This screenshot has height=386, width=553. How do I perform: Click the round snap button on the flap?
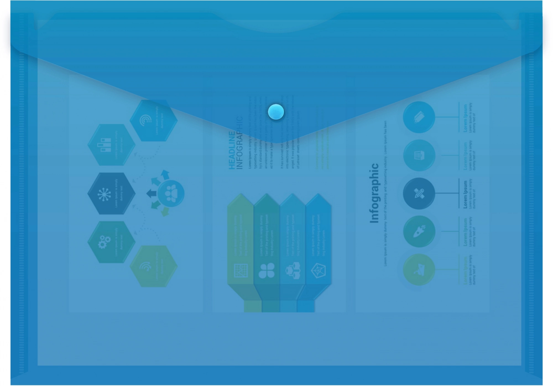(276, 112)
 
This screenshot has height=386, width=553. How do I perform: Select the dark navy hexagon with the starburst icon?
(111, 193)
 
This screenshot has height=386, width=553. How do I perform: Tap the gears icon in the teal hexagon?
(104, 242)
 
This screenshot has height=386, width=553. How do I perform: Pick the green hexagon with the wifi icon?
(153, 266)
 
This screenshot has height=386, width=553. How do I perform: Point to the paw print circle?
(171, 193)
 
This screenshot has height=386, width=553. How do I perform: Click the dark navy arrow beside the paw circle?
(151, 194)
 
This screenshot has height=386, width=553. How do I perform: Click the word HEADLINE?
(232, 150)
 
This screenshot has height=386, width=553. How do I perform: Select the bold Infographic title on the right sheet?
(374, 193)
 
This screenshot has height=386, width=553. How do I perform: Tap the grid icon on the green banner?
(241, 270)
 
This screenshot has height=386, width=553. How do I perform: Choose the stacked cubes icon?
(293, 270)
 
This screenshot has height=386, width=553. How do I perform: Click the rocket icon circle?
(419, 231)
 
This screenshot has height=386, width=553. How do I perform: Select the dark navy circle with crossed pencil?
(419, 193)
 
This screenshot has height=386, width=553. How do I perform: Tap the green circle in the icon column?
(419, 269)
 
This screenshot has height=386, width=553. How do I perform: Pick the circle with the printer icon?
(419, 155)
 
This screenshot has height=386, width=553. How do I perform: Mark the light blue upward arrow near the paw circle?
(165, 174)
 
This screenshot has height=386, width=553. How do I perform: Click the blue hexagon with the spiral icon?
(153, 120)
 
